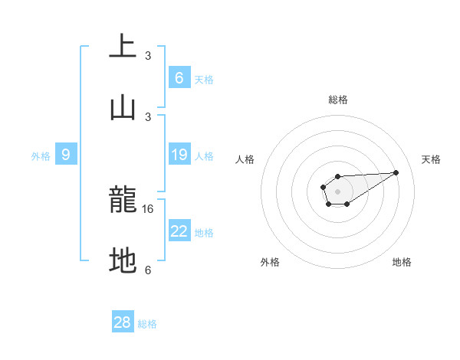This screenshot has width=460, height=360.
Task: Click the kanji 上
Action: pyautogui.click(x=123, y=46)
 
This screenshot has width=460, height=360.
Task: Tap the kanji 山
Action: pyautogui.click(x=123, y=107)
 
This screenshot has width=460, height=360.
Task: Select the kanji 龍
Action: pyautogui.click(x=123, y=201)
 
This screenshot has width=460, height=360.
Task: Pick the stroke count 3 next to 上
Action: pyautogui.click(x=148, y=55)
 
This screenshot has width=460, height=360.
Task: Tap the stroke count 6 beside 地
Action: pyautogui.click(x=148, y=270)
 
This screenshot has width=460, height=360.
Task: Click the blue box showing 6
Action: pyautogui.click(x=179, y=77)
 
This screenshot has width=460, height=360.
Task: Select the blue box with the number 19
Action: pyautogui.click(x=179, y=155)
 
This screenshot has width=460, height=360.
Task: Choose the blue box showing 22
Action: pyautogui.click(x=179, y=231)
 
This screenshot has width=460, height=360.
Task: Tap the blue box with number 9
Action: pyautogui.click(x=66, y=155)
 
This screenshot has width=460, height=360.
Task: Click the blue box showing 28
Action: pyautogui.click(x=123, y=322)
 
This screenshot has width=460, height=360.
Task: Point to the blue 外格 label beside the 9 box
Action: pyautogui.click(x=41, y=156)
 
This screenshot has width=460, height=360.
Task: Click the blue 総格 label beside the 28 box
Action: pyautogui.click(x=147, y=324)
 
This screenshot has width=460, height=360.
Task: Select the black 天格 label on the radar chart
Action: pyautogui.click(x=431, y=159)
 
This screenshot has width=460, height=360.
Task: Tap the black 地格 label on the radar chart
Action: pyautogui.click(x=402, y=262)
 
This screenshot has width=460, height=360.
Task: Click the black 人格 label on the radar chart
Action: pyautogui.click(x=245, y=159)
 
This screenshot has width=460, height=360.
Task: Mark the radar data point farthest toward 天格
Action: pyautogui.click(x=396, y=172)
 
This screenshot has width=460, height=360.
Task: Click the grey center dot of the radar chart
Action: pyautogui.click(x=337, y=190)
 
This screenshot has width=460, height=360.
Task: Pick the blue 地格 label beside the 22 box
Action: pyautogui.click(x=204, y=233)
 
